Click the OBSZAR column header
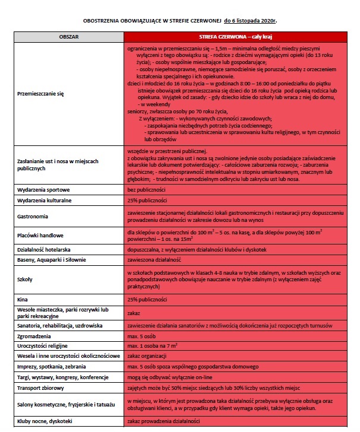pyautogui.click(x=69, y=36)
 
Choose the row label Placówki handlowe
pyautogui.click(x=39, y=236)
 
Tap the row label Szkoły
pyautogui.click(x=25, y=278)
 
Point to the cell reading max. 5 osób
pyautogui.click(x=141, y=335)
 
